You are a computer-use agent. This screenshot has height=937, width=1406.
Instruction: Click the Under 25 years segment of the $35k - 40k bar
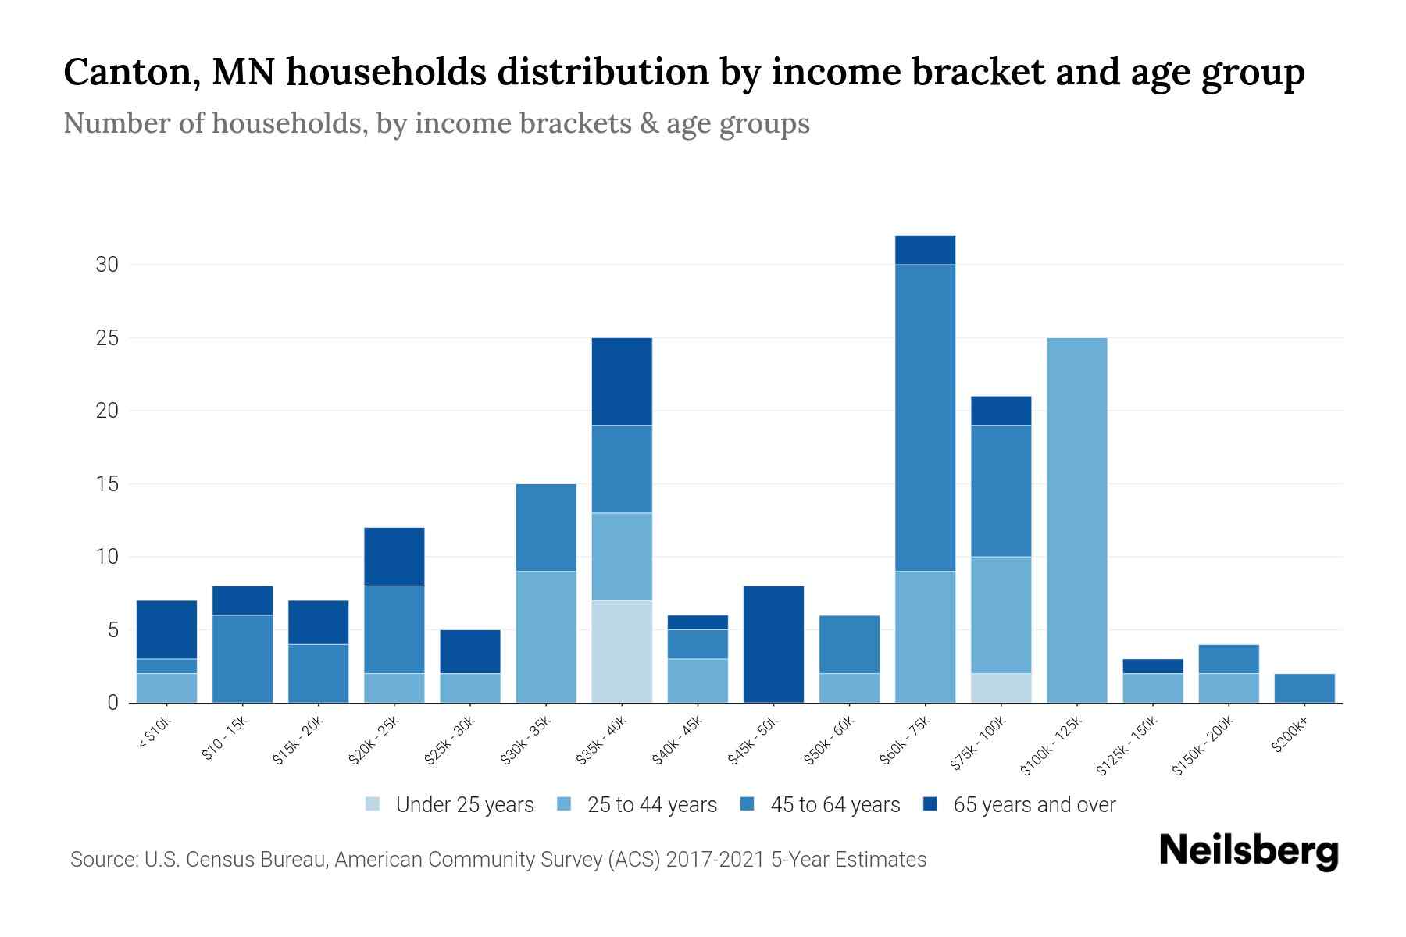622,651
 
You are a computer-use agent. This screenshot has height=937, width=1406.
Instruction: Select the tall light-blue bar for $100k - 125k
1076,520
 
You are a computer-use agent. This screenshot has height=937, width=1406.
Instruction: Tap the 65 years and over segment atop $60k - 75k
925,250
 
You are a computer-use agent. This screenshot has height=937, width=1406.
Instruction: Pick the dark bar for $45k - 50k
773,644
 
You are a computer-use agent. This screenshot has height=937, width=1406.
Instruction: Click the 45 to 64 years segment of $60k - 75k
925,418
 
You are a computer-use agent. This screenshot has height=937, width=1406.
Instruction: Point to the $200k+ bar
1304,688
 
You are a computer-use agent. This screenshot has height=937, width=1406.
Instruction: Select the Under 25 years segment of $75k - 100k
1001,688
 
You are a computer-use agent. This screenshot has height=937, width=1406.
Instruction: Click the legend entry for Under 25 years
450,805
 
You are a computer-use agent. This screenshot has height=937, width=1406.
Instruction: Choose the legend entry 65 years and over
1019,805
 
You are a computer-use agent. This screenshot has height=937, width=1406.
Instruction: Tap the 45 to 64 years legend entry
820,805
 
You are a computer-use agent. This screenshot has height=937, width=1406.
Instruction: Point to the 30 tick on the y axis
107,265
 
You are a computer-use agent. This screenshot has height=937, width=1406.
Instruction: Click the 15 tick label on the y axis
107,484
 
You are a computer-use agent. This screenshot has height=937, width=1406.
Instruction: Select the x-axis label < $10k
155,733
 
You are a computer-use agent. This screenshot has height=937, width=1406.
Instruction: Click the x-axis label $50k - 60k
830,741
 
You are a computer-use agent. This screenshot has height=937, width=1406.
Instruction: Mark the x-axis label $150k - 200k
1203,746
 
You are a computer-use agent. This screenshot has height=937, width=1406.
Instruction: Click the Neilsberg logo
1248,850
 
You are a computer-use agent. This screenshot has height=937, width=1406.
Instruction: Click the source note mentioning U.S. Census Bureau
498,860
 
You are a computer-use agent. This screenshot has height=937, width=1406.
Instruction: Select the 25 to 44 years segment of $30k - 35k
546,636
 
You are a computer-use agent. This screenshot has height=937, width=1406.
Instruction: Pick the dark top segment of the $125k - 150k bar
1152,666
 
